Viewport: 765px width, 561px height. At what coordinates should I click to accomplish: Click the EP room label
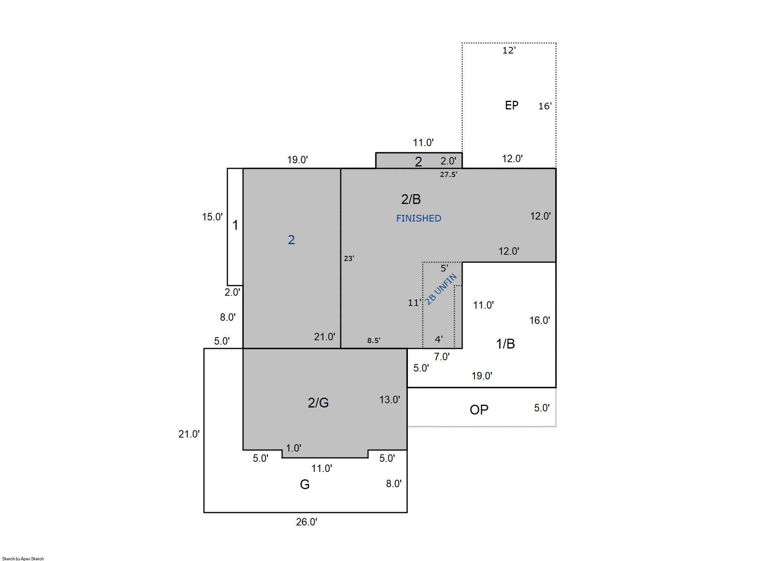(511, 105)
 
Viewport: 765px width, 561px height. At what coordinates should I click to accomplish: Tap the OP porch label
(479, 410)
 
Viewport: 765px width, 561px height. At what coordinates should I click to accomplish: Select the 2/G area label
(318, 403)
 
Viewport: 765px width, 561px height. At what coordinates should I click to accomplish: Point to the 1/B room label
(505, 344)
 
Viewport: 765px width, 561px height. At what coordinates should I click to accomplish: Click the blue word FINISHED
(418, 218)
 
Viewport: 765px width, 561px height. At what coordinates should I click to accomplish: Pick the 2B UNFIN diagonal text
(441, 289)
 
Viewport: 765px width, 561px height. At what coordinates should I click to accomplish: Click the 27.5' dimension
(449, 175)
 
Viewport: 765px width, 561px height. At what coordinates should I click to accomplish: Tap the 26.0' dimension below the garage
(306, 522)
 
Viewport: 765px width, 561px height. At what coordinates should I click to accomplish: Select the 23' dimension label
(349, 258)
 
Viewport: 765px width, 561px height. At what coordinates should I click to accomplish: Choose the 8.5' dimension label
(374, 340)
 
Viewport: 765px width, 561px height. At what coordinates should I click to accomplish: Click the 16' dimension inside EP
(545, 106)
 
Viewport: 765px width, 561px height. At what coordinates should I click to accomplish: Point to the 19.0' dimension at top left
(297, 160)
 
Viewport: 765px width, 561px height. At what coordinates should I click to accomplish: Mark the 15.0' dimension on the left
(212, 217)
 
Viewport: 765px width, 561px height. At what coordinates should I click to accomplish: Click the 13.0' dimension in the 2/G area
(390, 400)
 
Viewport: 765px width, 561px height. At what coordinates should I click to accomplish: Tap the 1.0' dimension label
(293, 448)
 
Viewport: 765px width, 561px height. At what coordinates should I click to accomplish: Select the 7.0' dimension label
(442, 357)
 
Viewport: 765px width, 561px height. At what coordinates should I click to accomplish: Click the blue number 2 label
(291, 240)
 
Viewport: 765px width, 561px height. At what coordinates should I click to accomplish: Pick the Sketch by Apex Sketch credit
(23, 559)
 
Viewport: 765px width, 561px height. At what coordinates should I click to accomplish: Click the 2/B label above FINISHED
(411, 199)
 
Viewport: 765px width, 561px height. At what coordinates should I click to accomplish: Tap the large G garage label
(304, 484)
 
